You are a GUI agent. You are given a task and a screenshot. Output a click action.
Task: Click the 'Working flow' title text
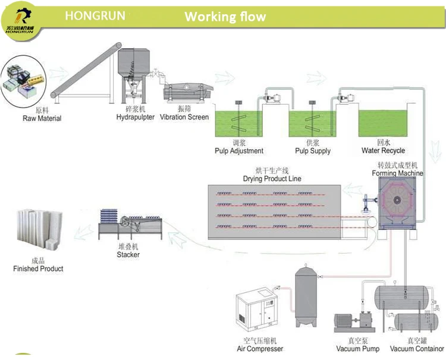tap(225, 16)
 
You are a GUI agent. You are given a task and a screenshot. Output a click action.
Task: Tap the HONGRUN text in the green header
tap(95, 15)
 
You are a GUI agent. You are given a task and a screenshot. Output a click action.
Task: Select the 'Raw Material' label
tap(42, 118)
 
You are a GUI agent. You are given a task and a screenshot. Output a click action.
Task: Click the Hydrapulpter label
tap(135, 117)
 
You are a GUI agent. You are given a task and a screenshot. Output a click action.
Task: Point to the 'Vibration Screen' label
tap(184, 117)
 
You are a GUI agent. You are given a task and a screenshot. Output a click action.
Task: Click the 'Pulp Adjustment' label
tap(239, 151)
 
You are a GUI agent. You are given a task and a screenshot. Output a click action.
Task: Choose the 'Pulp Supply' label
tap(313, 151)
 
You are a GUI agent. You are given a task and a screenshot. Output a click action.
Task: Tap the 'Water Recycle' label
tap(384, 151)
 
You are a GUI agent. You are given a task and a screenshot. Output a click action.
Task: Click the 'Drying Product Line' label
tap(272, 179)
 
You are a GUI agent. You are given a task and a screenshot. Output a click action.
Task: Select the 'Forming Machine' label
tap(398, 173)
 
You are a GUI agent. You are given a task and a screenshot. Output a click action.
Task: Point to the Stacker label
tap(128, 255)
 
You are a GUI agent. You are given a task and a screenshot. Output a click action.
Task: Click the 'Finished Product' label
tap(38, 269)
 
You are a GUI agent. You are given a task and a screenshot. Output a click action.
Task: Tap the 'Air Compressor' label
tap(259, 349)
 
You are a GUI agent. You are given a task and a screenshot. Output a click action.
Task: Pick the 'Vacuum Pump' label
tap(357, 349)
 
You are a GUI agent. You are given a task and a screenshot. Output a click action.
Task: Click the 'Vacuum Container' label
tap(417, 349)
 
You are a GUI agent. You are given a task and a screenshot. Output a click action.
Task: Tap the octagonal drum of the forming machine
tap(397, 206)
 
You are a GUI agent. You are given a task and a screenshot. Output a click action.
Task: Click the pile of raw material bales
tap(24, 79)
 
